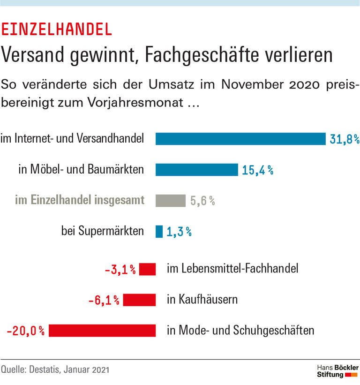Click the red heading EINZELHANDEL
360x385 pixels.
tap(57, 29)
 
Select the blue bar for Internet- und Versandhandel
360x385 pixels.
tap(240, 139)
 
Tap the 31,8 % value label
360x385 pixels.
tap(344, 139)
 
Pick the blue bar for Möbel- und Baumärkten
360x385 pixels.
tap(196, 170)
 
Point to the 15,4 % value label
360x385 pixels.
tap(257, 170)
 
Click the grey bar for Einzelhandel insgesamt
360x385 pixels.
tap(171, 201)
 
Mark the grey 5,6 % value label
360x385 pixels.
tap(202, 201)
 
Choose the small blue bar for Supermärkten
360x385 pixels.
tap(159, 232)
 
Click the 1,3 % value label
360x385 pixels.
tap(179, 232)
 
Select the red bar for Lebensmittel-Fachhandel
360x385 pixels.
tap(148, 269)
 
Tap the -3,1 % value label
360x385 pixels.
tap(120, 270)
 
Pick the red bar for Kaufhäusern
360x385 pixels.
tap(139, 300)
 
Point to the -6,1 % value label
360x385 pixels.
tap(104, 300)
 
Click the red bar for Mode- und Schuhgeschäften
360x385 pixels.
tap(102, 331)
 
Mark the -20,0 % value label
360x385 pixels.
tap(26, 331)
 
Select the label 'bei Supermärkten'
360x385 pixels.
tap(102, 232)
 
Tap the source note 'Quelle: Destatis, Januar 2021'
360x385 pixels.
tap(55, 370)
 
